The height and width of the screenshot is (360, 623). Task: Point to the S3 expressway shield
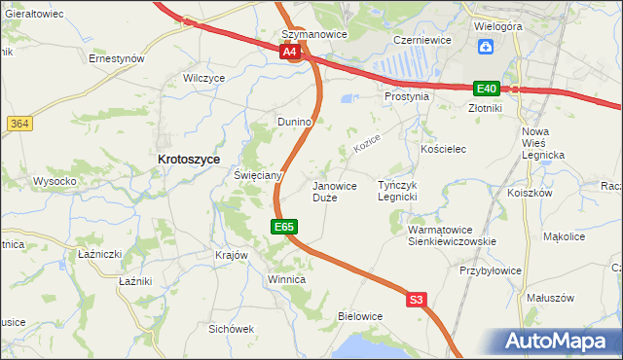417,301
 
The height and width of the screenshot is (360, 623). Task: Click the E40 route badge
487,88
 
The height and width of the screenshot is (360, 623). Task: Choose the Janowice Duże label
334,191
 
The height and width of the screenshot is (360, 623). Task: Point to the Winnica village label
286,280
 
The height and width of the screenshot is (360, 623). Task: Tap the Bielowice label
360,316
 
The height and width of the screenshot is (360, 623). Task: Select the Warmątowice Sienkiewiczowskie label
452,235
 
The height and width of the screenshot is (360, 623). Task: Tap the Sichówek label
231,329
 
